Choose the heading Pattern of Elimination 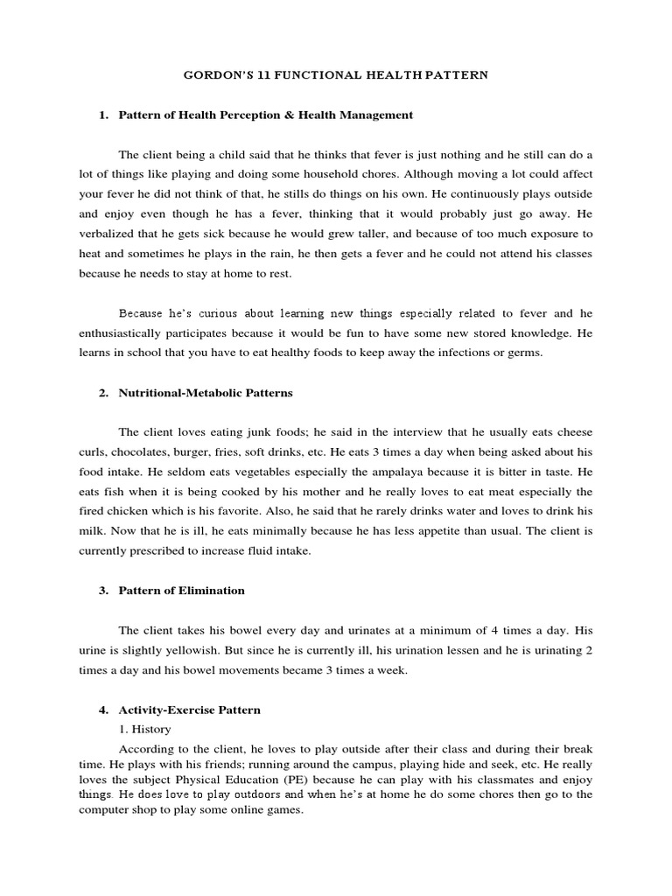tap(181, 591)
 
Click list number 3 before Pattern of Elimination tap(103, 591)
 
